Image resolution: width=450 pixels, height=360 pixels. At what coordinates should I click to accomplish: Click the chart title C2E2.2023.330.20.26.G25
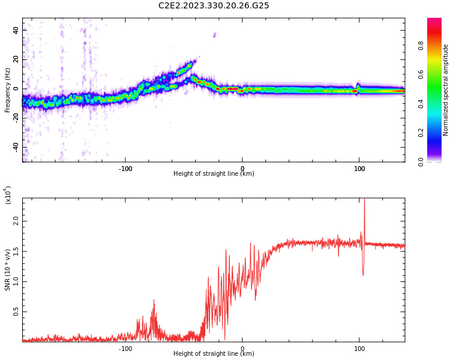click(x=214, y=5)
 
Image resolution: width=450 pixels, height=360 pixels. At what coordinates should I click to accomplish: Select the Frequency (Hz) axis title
click(x=7, y=90)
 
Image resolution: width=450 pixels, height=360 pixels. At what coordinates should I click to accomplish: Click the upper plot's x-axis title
click(x=214, y=174)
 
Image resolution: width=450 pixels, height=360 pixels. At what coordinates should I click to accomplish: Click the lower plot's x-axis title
click(x=214, y=354)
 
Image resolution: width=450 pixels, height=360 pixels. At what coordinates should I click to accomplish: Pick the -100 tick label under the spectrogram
click(x=125, y=169)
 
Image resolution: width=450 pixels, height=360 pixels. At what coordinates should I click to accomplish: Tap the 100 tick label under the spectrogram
click(x=359, y=169)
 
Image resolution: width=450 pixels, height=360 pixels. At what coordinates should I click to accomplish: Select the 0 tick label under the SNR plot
click(x=242, y=349)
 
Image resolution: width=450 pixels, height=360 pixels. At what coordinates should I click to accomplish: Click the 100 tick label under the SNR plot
click(x=359, y=349)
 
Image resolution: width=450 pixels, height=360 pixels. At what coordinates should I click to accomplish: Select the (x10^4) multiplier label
click(x=8, y=196)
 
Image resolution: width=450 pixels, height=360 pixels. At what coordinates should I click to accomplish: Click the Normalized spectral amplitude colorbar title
click(x=446, y=90)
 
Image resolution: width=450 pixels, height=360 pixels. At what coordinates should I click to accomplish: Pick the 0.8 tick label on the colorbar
click(x=437, y=45)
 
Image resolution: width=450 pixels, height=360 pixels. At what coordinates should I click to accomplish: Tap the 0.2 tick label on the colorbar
click(x=437, y=133)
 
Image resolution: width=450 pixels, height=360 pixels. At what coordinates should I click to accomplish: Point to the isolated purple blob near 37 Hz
click(x=214, y=35)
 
